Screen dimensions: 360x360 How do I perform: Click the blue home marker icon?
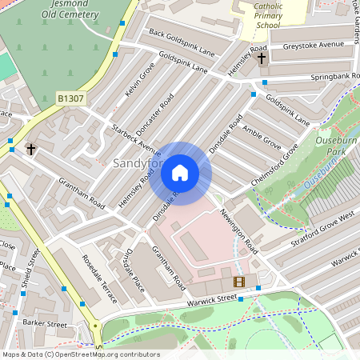pos(180,173)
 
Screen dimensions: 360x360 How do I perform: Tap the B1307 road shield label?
pos(71,98)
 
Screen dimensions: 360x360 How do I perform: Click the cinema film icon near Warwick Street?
pos(238,281)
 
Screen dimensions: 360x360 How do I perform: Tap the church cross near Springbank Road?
pos(262,58)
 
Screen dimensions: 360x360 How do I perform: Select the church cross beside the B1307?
pos(31,149)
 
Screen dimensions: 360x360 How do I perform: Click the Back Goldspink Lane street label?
pos(182,42)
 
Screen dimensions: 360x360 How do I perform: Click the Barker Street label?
pos(45,324)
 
